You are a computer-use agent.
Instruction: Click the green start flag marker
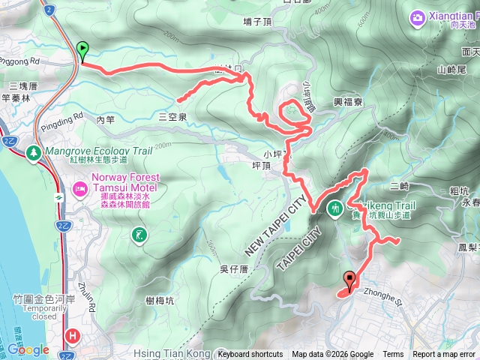(x=82, y=50)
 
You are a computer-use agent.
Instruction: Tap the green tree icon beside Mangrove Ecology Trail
(x=34, y=153)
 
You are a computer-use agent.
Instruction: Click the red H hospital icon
(x=73, y=337)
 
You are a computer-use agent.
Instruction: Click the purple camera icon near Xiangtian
(x=416, y=16)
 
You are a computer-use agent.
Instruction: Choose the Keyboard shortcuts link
(x=250, y=355)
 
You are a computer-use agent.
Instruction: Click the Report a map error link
(x=444, y=355)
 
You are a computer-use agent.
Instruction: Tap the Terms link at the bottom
(x=393, y=355)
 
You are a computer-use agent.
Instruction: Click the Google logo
(x=28, y=349)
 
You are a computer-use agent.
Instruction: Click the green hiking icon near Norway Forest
(x=139, y=236)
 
